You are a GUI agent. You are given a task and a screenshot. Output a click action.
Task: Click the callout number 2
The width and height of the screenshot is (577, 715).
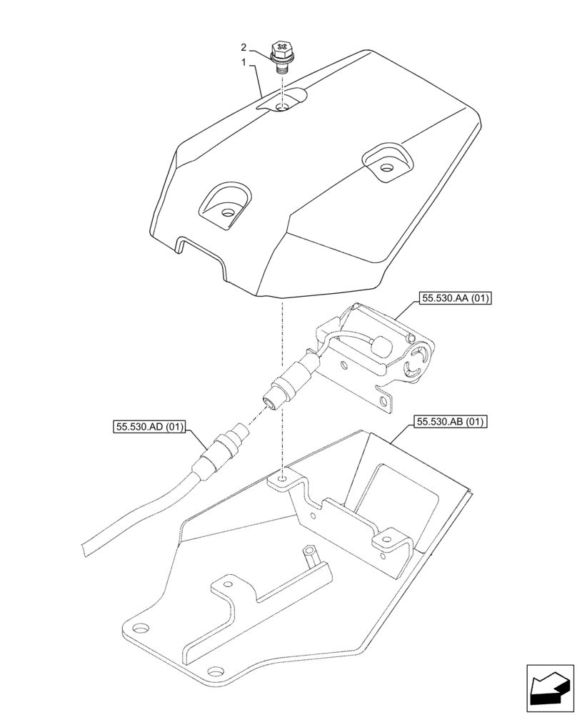click(x=244, y=48)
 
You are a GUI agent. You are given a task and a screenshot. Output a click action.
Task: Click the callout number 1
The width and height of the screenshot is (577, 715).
click(x=244, y=63)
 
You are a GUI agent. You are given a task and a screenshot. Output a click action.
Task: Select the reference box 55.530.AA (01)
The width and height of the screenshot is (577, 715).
click(x=455, y=299)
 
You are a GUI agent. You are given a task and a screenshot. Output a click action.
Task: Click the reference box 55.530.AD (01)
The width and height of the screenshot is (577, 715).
click(x=149, y=428)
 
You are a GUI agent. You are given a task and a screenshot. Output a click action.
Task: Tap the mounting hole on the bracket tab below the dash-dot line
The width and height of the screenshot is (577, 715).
click(x=284, y=477)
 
